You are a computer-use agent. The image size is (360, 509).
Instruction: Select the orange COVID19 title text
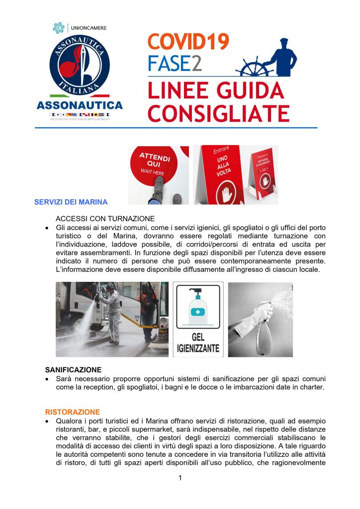click(x=188, y=42)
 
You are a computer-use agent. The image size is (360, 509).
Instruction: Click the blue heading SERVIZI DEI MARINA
click(x=71, y=202)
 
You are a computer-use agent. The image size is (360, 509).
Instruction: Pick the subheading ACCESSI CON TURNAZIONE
click(x=105, y=219)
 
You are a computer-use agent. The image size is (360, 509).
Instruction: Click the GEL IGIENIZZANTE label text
click(x=198, y=343)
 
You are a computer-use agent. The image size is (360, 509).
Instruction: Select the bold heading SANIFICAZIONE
click(x=73, y=370)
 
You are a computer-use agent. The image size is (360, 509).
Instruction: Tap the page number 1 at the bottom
click(x=180, y=478)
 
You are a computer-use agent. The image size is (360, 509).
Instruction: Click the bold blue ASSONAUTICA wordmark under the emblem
click(x=80, y=105)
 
